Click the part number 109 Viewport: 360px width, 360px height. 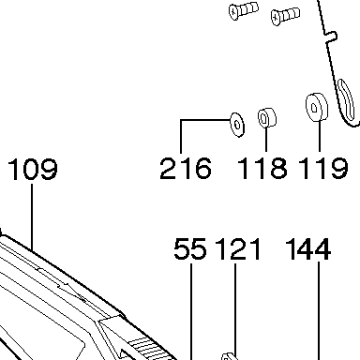tap(33, 169)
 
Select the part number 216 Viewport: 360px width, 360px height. tap(186, 169)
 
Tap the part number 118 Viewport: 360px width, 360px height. tap(262, 169)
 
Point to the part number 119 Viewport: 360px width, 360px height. tap(323, 169)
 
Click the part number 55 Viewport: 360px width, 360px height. tap(190, 248)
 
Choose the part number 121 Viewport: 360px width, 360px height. tap(238, 248)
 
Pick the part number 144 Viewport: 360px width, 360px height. tap(308, 248)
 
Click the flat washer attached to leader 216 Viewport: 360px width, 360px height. tap(237, 125)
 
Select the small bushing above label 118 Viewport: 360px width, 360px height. tap(267, 118)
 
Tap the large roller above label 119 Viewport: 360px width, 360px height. tap(317, 107)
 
